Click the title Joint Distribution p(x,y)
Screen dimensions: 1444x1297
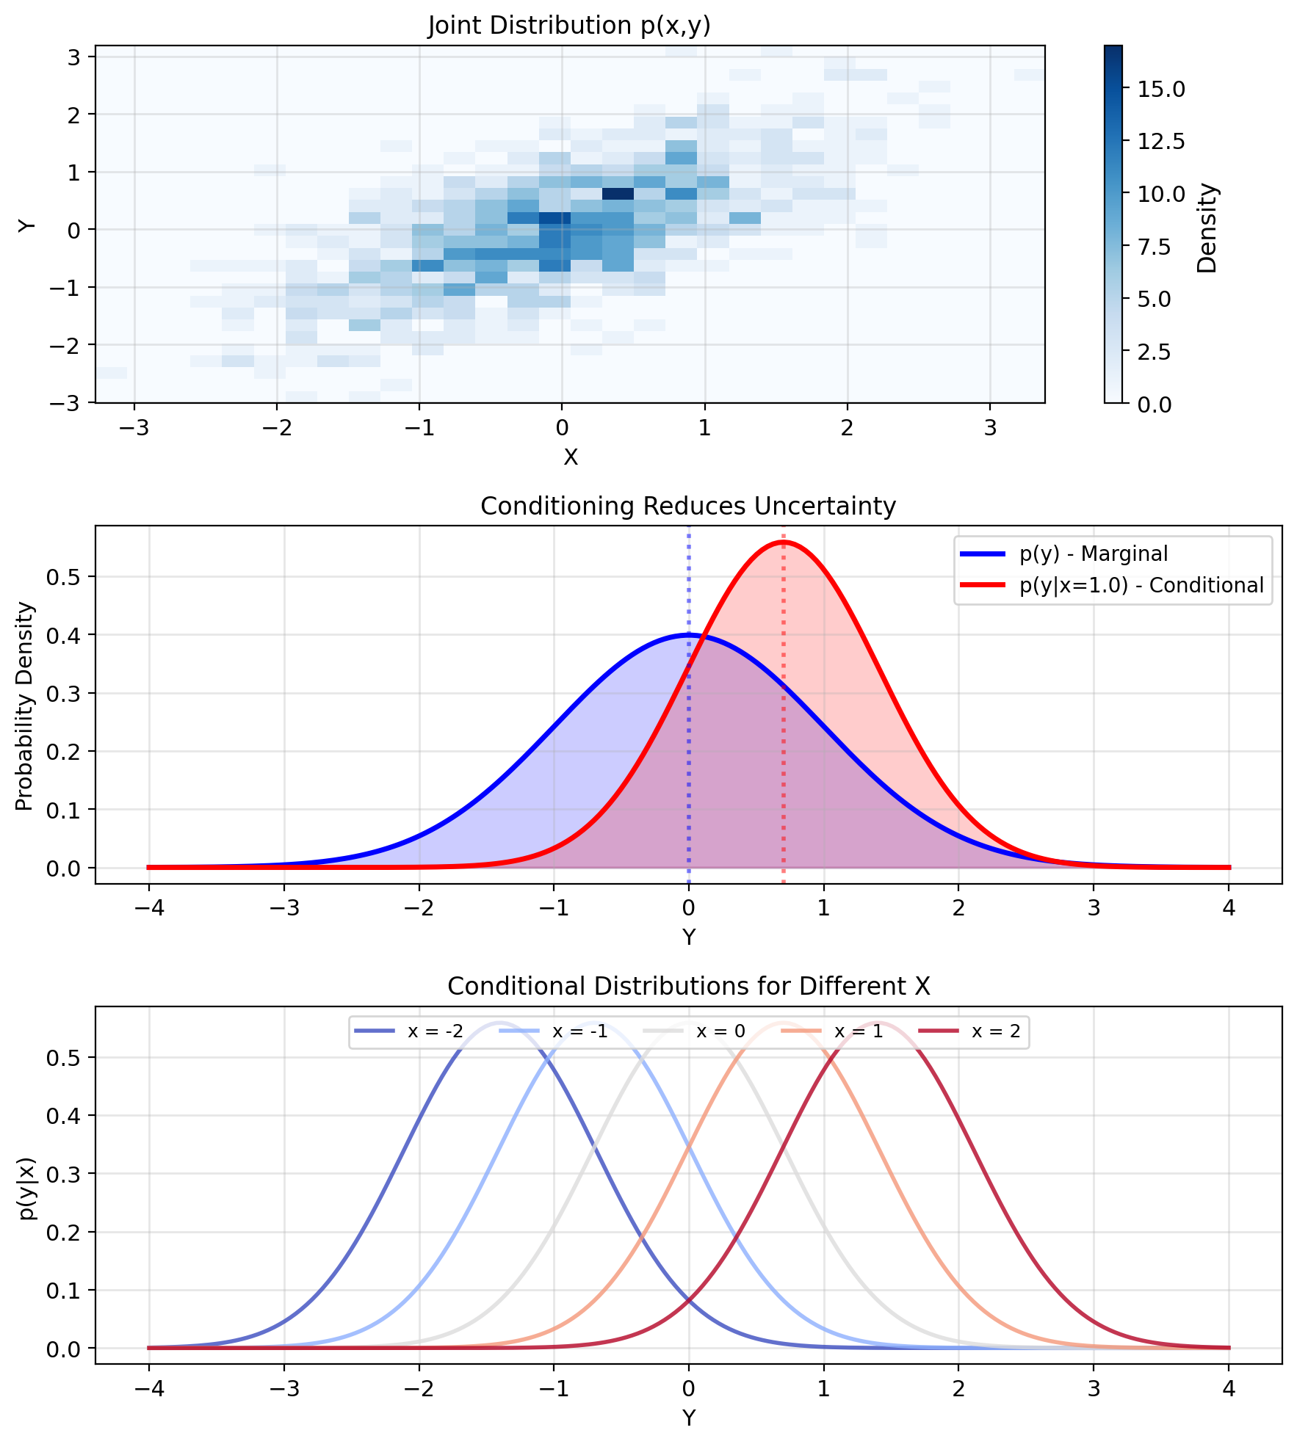[x=569, y=26]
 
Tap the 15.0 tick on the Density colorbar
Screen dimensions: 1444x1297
[x=1160, y=89]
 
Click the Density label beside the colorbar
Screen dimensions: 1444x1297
[x=1207, y=228]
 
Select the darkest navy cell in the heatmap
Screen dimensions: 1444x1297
[x=618, y=194]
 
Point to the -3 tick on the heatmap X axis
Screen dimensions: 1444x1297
[x=134, y=427]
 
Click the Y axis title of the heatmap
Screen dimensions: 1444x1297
[x=27, y=225]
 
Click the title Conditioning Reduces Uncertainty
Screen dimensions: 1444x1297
[x=688, y=507]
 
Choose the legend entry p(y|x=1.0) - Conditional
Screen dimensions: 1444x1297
[x=1141, y=585]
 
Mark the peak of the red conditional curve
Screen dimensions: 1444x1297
[x=784, y=542]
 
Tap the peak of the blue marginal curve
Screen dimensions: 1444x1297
[x=688, y=634]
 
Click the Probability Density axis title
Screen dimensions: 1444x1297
[x=24, y=705]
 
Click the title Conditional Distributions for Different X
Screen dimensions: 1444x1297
[x=688, y=986]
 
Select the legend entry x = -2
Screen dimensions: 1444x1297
[x=435, y=1031]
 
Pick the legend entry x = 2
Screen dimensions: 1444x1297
[x=996, y=1031]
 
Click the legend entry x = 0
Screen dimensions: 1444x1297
[x=720, y=1031]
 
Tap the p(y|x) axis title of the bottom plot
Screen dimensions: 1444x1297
[x=26, y=1188]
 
